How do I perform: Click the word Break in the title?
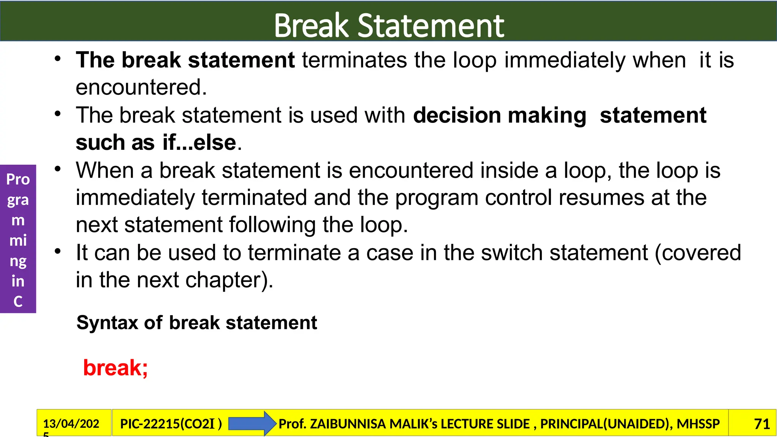(311, 26)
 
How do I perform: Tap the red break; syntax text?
(115, 368)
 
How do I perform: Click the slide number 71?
(762, 424)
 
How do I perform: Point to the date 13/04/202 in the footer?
(71, 423)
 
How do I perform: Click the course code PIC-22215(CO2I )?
(171, 424)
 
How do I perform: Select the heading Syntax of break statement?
(197, 323)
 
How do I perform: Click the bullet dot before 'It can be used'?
(57, 252)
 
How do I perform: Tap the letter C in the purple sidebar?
(18, 302)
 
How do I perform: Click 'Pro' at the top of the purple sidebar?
(18, 179)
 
